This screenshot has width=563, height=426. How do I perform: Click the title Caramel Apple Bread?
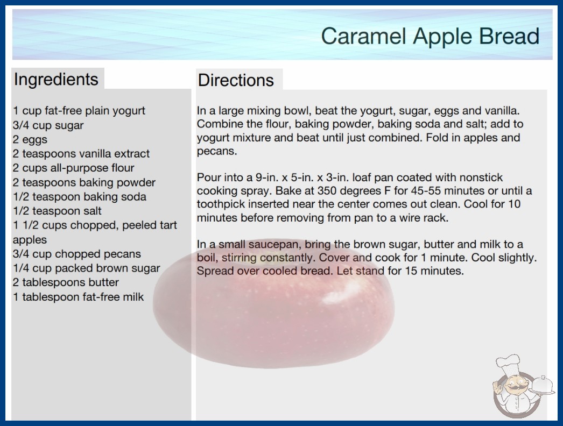pos(430,36)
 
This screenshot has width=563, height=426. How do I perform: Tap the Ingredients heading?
pos(56,79)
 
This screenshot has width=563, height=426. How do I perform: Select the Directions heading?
pos(236,80)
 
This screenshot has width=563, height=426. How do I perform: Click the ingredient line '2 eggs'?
pos(30,140)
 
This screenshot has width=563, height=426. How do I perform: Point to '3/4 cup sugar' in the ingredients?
pos(48,125)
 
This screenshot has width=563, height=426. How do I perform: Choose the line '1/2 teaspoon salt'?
pos(57,211)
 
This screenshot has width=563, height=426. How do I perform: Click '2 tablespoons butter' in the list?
pos(66,282)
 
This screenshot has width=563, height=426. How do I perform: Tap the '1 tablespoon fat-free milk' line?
pos(78,297)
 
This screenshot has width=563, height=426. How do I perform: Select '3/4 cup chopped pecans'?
pos(77,254)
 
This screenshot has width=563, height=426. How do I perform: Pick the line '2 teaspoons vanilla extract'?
pos(81,154)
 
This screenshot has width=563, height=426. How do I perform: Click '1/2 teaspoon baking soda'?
pos(79,197)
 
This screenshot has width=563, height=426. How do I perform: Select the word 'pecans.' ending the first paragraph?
pos(217,151)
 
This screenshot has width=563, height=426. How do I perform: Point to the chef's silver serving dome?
pos(543,385)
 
